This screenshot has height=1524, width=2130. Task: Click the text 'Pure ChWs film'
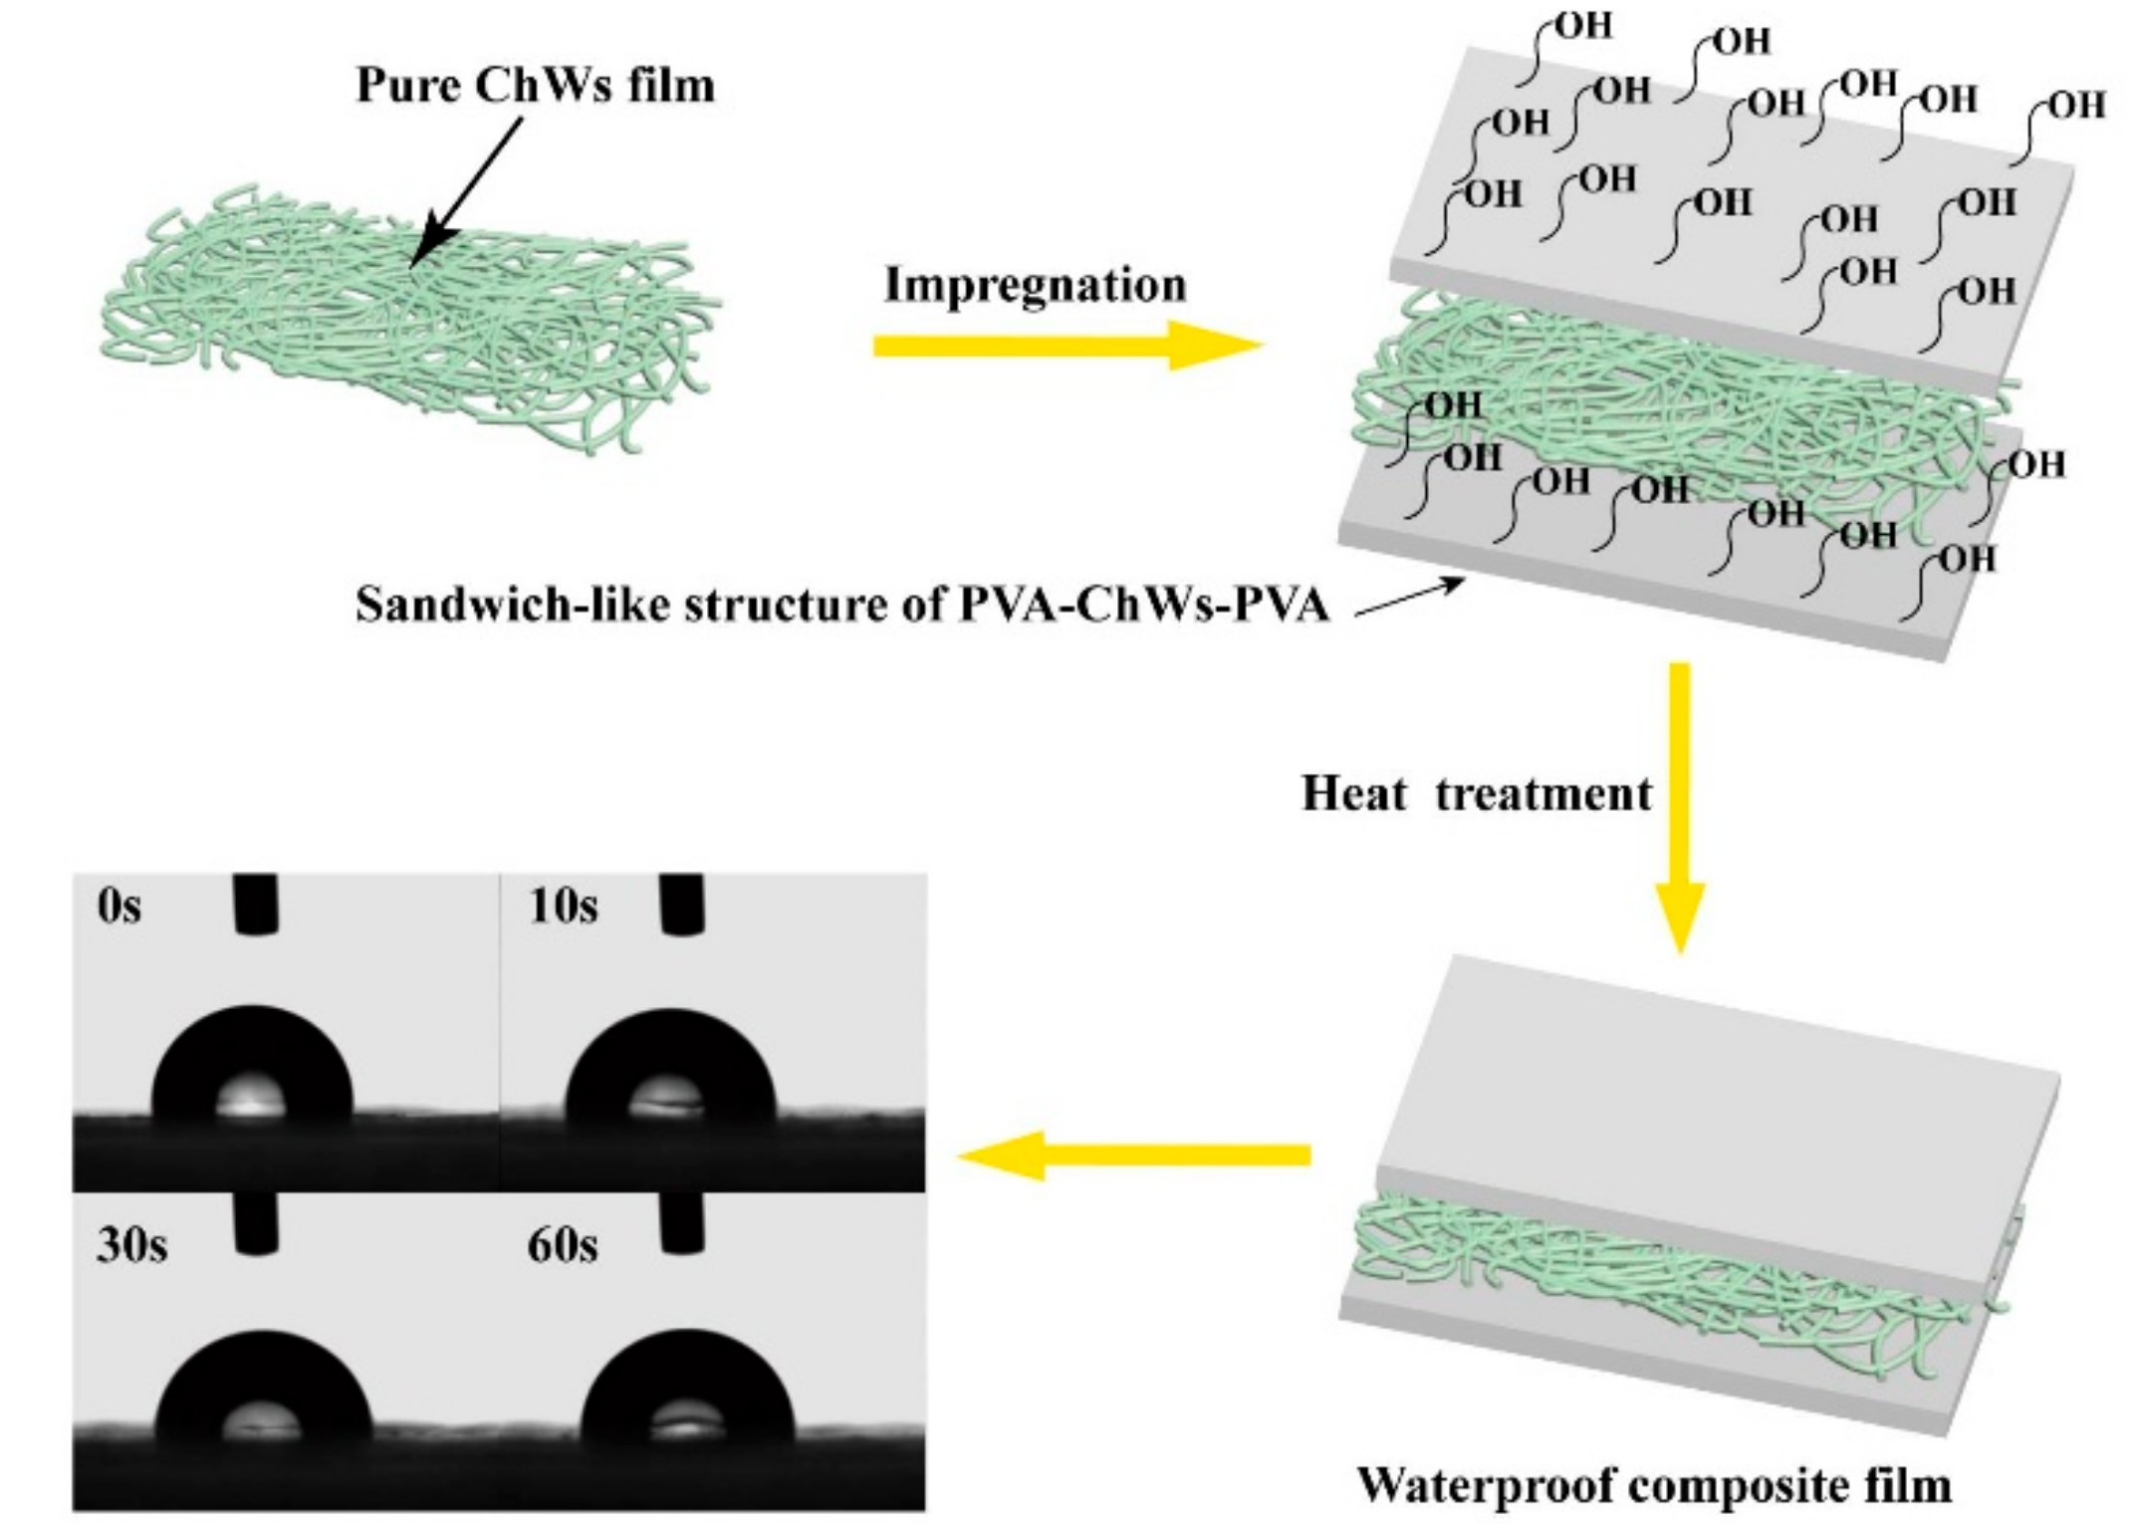536,86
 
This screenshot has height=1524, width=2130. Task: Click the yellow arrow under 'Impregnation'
1065,346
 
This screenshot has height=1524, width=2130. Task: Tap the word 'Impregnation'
1036,286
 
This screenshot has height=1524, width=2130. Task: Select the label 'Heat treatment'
1476,795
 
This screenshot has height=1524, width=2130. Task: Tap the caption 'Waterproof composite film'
1654,1485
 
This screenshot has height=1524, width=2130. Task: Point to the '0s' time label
119,907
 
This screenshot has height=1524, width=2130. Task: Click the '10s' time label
564,907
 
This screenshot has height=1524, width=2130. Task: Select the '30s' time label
131,1246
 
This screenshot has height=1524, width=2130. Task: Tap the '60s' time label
563,1246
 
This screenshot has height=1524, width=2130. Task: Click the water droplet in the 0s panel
252,1066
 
